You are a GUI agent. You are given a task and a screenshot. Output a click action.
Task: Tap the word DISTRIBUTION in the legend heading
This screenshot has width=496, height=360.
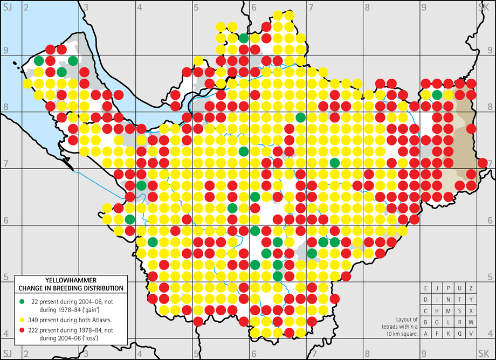tap(101, 288)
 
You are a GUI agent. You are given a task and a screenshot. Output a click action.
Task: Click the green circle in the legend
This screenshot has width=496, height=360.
tap(22, 300)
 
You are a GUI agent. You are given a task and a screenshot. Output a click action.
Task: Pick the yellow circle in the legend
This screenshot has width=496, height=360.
tap(22, 318)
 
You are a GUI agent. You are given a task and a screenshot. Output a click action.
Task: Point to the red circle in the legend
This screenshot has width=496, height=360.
tap(22, 330)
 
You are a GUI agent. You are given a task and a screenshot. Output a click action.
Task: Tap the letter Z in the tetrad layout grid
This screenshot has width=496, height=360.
tap(472, 288)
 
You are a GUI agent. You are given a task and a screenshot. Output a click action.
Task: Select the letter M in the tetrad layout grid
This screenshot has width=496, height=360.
tap(449, 311)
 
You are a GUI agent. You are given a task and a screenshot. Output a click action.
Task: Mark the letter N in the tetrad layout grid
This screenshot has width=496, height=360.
tap(449, 300)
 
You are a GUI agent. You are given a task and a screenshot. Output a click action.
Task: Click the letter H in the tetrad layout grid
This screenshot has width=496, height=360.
tap(437, 311)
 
